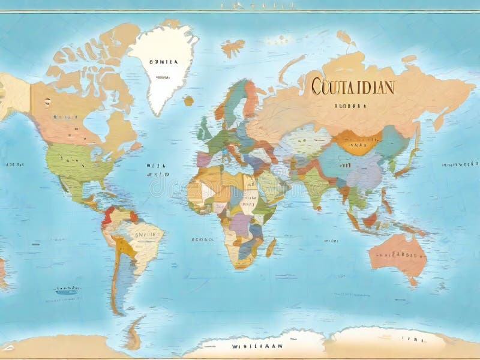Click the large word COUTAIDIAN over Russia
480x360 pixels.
[x=353, y=86]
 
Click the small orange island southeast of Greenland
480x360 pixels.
[x=188, y=100]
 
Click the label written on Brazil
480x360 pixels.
[x=143, y=235]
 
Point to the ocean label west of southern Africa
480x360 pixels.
[x=202, y=238]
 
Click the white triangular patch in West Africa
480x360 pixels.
[x=208, y=191]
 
